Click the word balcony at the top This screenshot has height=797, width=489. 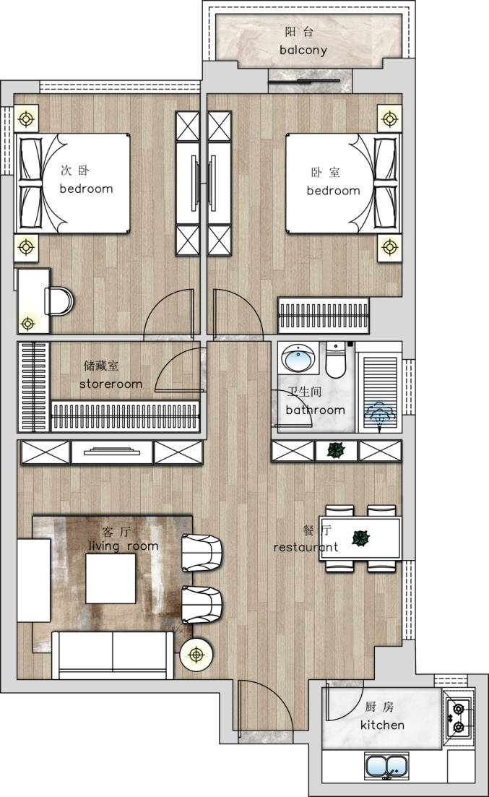click(x=303, y=51)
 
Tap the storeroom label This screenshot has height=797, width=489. click(x=111, y=384)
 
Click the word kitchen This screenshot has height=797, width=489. click(x=382, y=725)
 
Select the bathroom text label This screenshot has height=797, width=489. click(x=315, y=410)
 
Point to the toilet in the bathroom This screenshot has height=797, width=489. click(x=335, y=360)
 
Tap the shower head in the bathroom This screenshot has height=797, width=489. click(x=379, y=413)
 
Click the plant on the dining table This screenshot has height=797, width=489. click(x=361, y=538)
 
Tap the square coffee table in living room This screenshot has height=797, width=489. click(x=111, y=578)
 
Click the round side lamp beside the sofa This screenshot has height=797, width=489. click(x=196, y=655)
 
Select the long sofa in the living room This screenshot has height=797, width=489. click(x=113, y=655)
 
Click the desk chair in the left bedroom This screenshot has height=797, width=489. click(x=59, y=301)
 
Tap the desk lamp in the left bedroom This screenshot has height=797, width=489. click(x=27, y=324)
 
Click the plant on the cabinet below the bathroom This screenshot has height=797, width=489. click(x=336, y=450)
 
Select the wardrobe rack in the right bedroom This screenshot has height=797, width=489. click(x=324, y=316)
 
